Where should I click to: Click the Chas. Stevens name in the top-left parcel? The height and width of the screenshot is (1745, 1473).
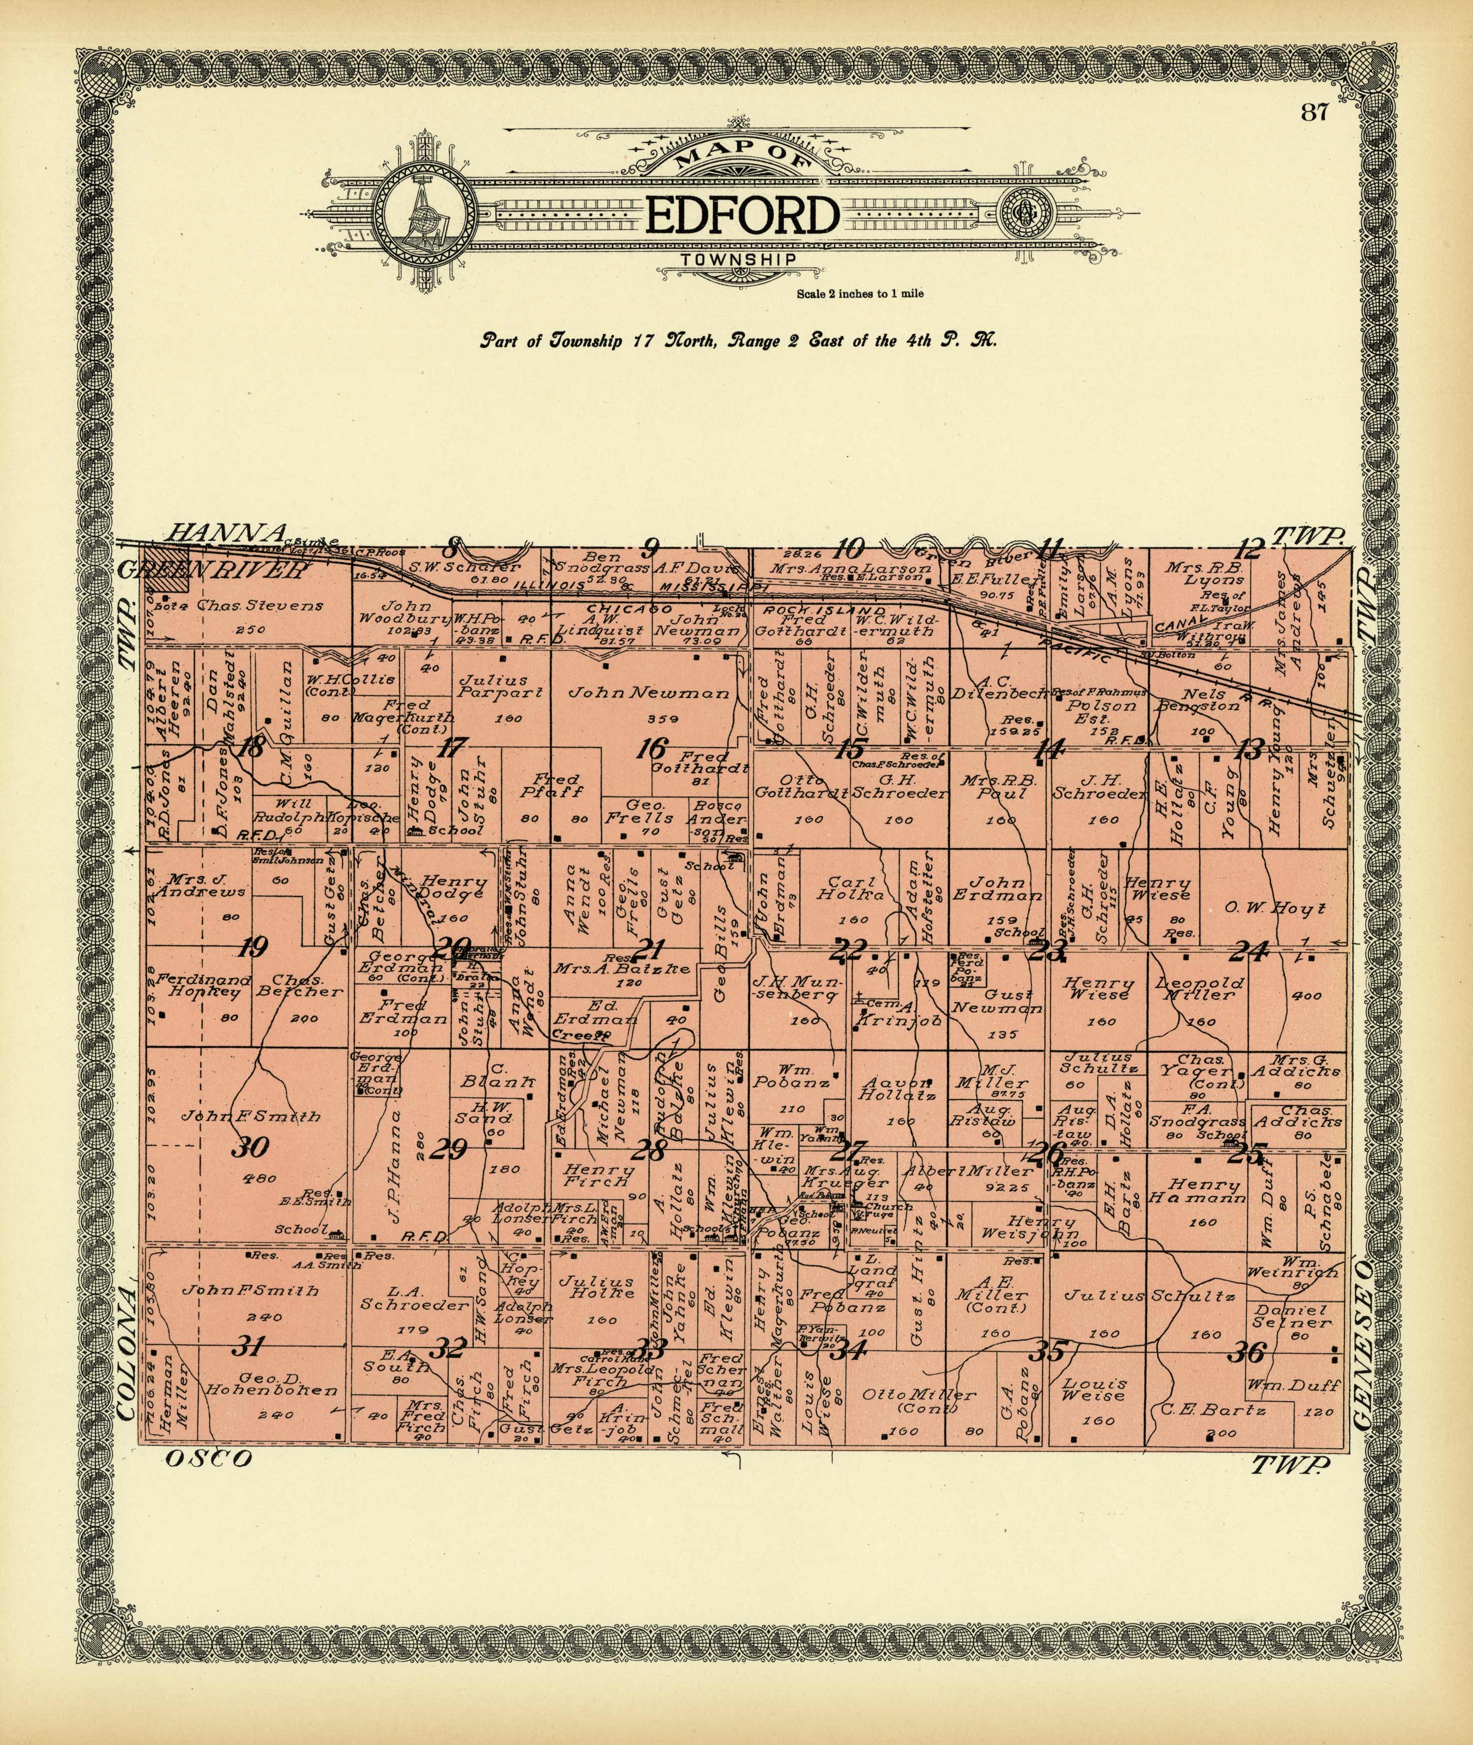(x=260, y=606)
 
